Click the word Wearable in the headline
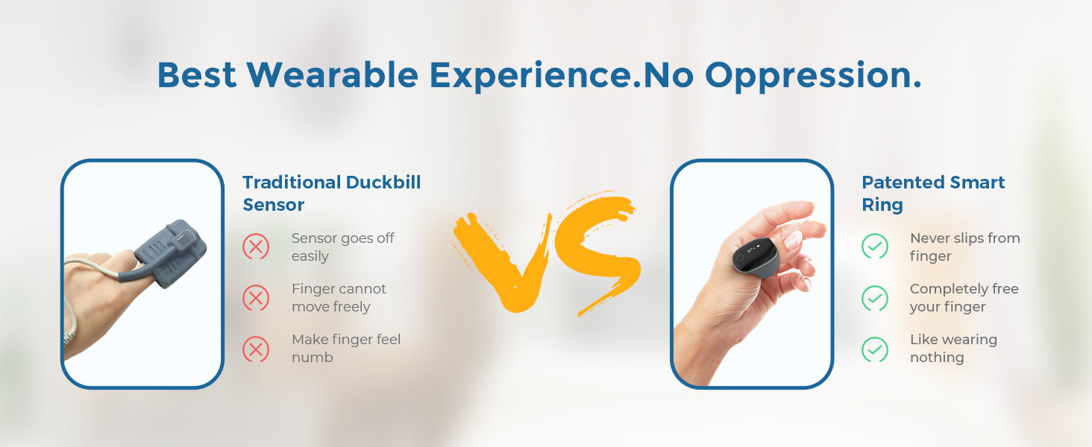click(332, 75)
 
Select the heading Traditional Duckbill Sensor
click(331, 193)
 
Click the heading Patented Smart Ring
click(933, 193)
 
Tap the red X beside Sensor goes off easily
click(256, 247)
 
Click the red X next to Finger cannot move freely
click(256, 298)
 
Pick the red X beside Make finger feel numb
click(256, 349)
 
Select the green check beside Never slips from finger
click(875, 247)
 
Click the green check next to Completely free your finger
click(875, 298)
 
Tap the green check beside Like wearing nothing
click(875, 349)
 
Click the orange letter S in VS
click(600, 253)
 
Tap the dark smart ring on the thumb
click(755, 256)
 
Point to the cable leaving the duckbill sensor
click(92, 267)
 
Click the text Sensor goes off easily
click(342, 247)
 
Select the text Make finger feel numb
click(346, 348)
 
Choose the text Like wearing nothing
click(953, 348)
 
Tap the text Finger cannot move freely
click(339, 297)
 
